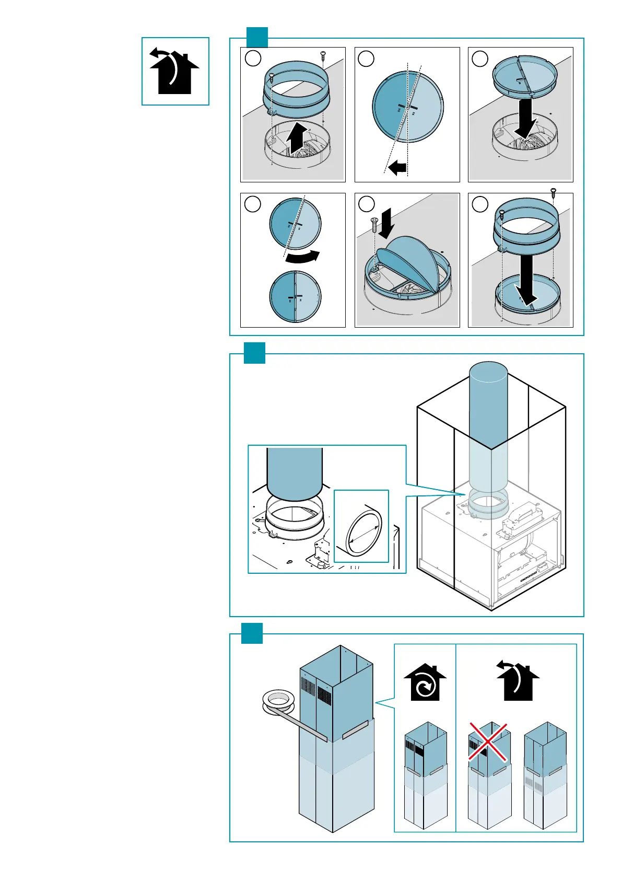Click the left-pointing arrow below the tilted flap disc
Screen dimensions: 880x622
[x=397, y=168]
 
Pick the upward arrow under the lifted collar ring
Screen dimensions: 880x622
[x=296, y=137]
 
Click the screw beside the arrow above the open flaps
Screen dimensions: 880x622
[x=374, y=225]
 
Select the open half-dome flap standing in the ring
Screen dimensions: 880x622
[x=408, y=261]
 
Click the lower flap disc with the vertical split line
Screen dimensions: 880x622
[x=295, y=296]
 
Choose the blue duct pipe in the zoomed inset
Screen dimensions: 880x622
[x=294, y=473]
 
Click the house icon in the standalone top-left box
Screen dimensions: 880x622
[x=174, y=72]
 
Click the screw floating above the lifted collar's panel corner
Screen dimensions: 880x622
[x=323, y=54]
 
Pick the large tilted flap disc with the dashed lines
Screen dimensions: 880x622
[x=407, y=107]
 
